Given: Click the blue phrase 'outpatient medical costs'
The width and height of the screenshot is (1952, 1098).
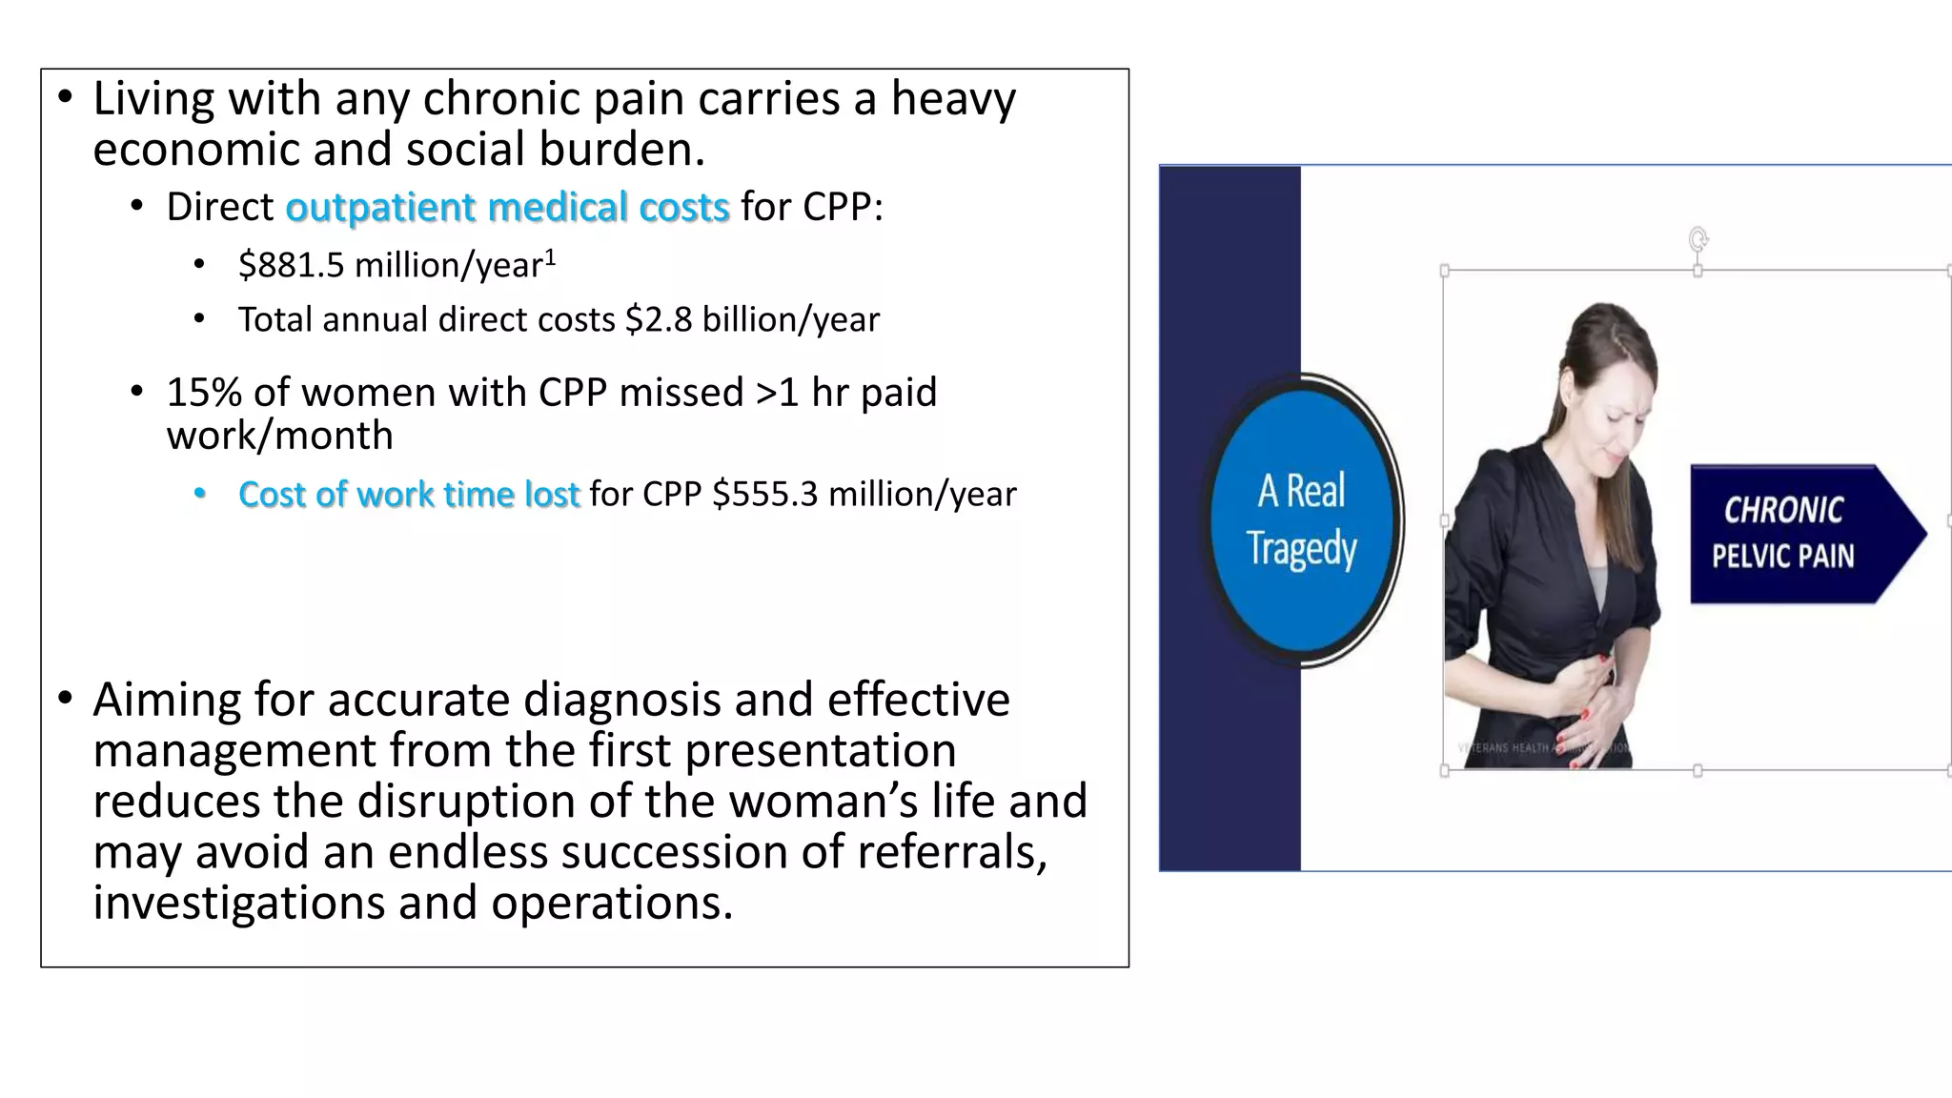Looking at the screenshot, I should click(x=507, y=207).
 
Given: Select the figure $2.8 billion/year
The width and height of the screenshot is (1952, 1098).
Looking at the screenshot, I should click(x=753, y=319).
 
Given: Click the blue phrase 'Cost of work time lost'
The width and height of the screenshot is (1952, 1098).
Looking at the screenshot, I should click(x=408, y=495).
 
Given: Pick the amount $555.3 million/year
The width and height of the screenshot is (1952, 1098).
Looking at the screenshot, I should click(x=864, y=495).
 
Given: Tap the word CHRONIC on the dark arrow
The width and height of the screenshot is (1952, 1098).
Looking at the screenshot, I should click(x=1782, y=510).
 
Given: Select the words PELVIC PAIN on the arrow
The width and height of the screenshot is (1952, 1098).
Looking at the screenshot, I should click(x=1782, y=557).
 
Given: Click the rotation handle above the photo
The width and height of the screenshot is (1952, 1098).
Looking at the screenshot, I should click(x=1698, y=238).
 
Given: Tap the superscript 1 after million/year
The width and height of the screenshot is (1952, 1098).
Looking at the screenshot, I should click(x=550, y=257).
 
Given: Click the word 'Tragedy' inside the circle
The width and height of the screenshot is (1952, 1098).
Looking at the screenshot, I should click(x=1301, y=549).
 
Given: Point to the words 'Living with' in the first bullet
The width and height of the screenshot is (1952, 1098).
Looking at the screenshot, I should click(x=206, y=99).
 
